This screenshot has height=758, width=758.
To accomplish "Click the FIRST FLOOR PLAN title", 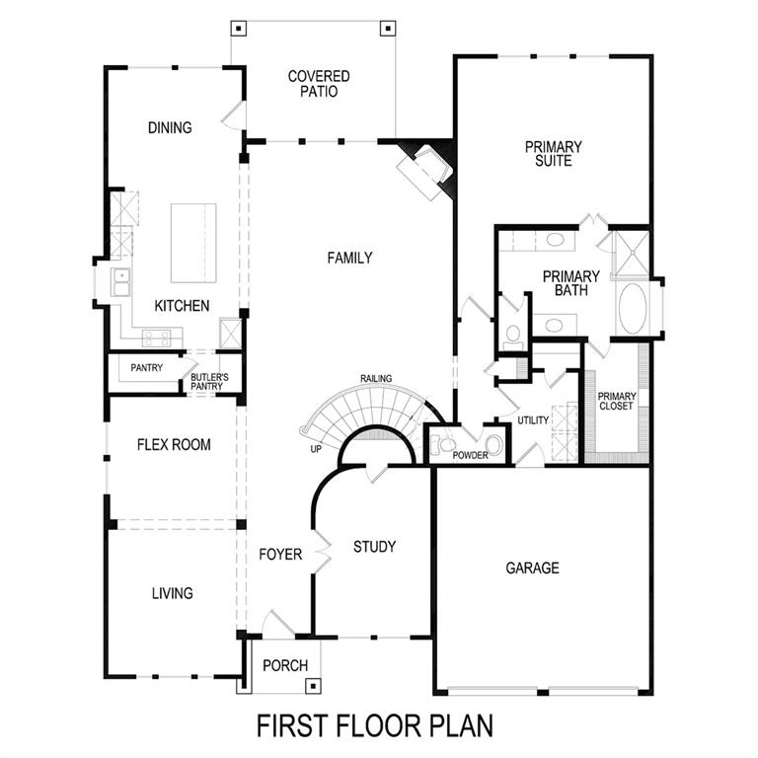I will (x=375, y=725).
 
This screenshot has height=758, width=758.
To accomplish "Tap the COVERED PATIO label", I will (x=319, y=84).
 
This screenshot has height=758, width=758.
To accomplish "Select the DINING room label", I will (x=169, y=127).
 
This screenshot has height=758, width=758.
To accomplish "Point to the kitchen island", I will (x=193, y=243).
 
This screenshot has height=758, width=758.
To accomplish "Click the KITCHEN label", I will (x=182, y=306).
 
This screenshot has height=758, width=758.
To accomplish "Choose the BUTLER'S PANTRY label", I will (x=209, y=381).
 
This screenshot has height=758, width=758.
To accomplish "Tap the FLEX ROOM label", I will (x=174, y=445).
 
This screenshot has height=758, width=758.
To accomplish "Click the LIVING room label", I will (x=172, y=593).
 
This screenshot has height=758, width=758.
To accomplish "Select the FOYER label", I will (x=280, y=555).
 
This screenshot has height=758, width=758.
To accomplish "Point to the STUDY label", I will (x=374, y=547).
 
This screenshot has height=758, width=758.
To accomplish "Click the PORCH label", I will (x=284, y=665).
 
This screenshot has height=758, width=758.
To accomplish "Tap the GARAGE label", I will (x=532, y=568).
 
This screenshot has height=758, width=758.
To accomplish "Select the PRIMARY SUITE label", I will (x=553, y=153).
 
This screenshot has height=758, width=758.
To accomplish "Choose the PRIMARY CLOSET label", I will (x=617, y=401).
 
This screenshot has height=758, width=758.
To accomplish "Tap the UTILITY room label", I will (x=533, y=420).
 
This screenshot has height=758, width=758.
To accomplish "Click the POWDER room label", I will (x=471, y=455).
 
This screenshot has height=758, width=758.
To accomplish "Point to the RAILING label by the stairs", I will (x=376, y=378).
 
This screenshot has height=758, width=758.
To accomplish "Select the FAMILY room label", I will (x=349, y=258).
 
